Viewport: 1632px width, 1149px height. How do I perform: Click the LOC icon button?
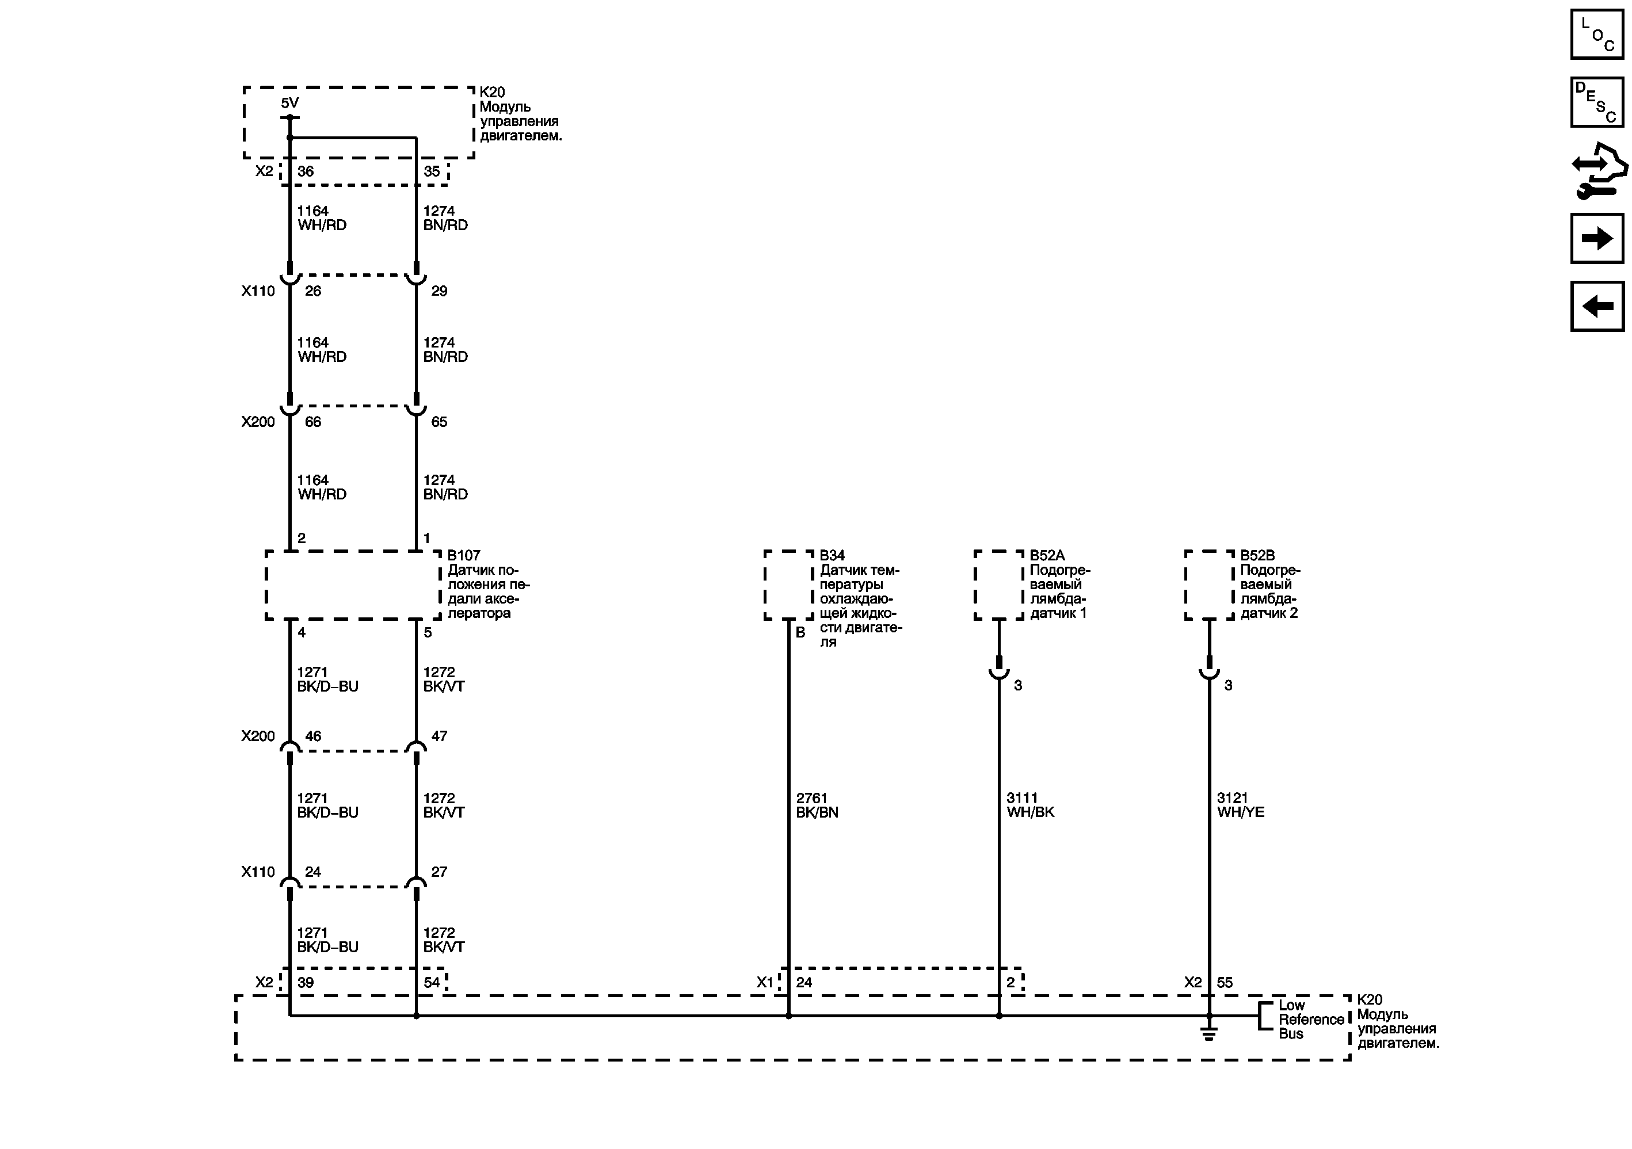1596,34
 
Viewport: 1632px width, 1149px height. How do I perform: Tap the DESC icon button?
1596,102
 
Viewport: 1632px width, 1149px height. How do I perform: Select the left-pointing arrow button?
1596,306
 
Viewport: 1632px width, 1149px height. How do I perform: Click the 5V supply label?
289,103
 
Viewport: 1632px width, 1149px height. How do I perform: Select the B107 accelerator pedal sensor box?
353,585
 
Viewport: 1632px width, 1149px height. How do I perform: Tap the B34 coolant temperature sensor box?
788,585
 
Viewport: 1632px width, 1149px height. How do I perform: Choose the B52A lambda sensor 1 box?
998,585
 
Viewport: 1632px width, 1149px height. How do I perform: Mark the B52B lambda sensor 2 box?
1209,585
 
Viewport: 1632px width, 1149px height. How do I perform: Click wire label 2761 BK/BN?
817,805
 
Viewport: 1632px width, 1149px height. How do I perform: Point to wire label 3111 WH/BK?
1030,805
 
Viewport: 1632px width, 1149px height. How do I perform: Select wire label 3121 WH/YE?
1240,805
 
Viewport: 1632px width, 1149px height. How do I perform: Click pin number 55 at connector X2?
1225,983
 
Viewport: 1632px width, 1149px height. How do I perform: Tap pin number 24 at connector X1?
804,983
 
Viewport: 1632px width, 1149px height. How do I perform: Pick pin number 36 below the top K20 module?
306,171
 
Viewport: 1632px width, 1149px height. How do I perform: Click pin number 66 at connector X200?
312,422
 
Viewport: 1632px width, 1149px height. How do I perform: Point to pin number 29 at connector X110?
439,291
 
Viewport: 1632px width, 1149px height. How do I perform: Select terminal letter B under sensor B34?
800,632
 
